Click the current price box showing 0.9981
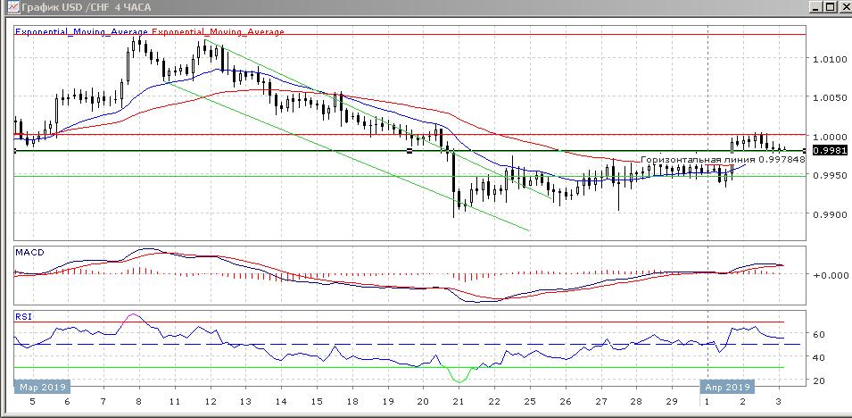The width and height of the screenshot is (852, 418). [828, 150]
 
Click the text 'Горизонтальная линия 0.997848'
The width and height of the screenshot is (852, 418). [723, 159]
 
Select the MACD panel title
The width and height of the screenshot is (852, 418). [29, 253]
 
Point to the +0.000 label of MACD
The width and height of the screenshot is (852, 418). [828, 275]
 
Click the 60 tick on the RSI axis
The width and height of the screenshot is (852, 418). [818, 334]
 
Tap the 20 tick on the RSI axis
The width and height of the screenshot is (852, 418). [818, 380]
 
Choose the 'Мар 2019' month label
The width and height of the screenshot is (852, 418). [41, 388]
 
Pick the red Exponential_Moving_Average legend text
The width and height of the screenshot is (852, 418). [219, 32]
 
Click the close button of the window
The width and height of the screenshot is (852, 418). [843, 7]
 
